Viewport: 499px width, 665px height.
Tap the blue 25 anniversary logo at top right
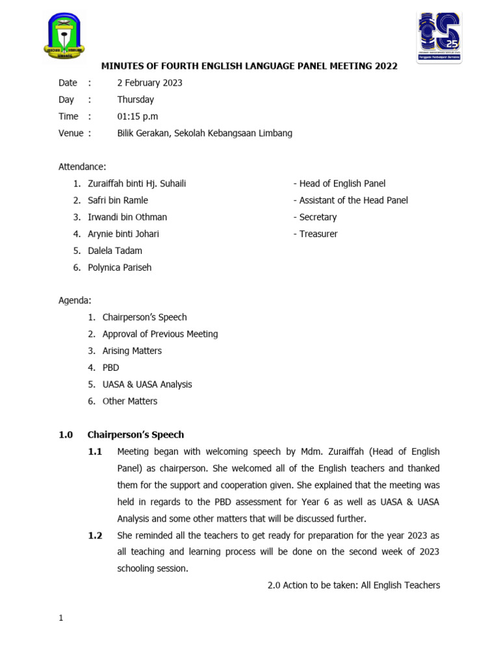click(440, 36)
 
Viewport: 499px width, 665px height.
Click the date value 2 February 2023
click(149, 82)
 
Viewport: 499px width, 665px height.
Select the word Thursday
click(135, 99)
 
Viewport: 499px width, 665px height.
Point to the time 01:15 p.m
click(137, 116)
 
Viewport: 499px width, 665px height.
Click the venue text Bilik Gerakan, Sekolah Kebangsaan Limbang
click(204, 133)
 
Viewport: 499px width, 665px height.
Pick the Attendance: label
click(82, 167)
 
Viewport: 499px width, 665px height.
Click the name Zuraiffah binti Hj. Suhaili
click(136, 184)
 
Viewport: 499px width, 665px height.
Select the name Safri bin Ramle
click(118, 201)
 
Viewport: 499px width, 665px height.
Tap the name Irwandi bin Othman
click(127, 217)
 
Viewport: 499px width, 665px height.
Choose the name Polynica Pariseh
click(120, 268)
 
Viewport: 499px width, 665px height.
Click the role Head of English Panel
click(342, 184)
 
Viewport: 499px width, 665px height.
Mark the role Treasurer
click(318, 234)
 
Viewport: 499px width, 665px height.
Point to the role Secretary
click(318, 217)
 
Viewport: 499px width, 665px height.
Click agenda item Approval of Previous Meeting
click(160, 334)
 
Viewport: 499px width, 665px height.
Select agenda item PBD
click(110, 368)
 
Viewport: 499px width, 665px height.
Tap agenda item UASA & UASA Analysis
click(147, 384)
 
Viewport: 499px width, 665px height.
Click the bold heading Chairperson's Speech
click(136, 434)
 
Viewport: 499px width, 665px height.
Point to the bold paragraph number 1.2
click(95, 536)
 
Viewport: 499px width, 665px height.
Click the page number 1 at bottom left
click(61, 618)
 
